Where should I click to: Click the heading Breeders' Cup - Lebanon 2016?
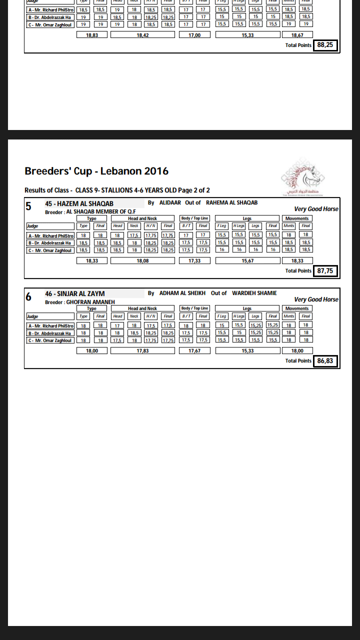click(96, 171)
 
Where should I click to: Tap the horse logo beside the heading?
click(303, 177)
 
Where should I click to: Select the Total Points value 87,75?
click(325, 271)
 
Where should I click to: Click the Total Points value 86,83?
click(325, 361)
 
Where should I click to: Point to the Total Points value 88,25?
click(325, 45)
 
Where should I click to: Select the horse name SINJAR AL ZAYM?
click(81, 294)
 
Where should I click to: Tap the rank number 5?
click(28, 206)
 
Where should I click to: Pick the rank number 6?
click(28, 296)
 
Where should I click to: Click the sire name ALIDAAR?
click(170, 203)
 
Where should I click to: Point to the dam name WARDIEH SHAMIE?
click(254, 293)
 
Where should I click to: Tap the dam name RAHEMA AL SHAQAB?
click(231, 203)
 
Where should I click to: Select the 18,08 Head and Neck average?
click(142, 260)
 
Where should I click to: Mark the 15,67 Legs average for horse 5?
click(247, 260)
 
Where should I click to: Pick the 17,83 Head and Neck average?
click(142, 351)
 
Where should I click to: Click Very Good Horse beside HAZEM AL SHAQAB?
click(316, 209)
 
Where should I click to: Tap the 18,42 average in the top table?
click(142, 35)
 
